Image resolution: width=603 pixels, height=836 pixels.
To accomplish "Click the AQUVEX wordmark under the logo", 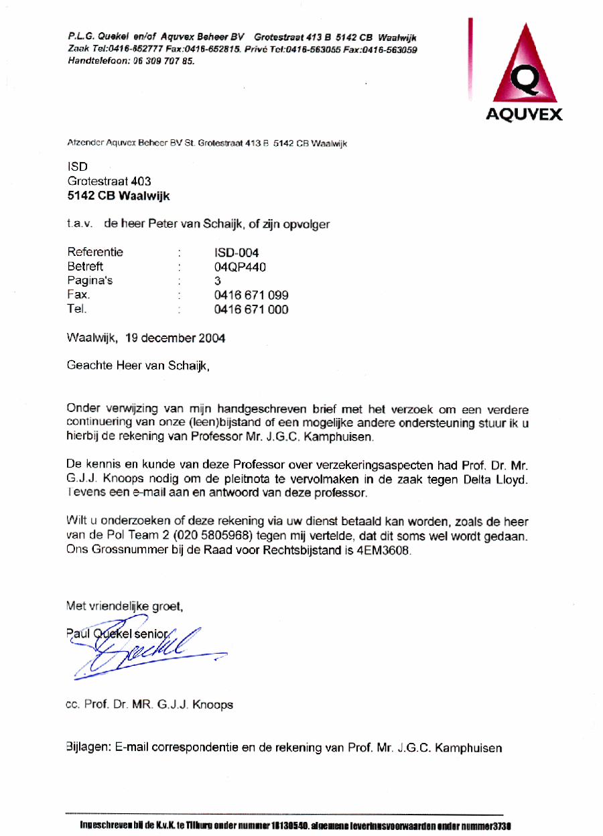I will [524, 115].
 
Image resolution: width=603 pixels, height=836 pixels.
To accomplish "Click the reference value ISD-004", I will [237, 253].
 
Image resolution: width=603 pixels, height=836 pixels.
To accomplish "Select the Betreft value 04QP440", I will [241, 267].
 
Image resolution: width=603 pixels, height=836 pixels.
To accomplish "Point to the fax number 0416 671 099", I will [251, 295].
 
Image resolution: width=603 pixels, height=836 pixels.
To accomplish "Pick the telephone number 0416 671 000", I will [251, 309].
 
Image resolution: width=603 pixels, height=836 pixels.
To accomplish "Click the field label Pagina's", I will [90, 281].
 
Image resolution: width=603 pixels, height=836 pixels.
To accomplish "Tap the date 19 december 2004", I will [175, 338].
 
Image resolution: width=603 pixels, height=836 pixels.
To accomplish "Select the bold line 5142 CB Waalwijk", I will [119, 196].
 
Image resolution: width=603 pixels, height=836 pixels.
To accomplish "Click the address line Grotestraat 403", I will [109, 181].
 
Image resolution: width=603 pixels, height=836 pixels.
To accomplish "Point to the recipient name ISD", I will [78, 166].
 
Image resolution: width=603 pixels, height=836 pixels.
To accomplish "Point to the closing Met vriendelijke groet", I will [125, 606].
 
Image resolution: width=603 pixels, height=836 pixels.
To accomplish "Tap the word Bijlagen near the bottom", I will [88, 748].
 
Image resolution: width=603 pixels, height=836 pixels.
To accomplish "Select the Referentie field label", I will [95, 253].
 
